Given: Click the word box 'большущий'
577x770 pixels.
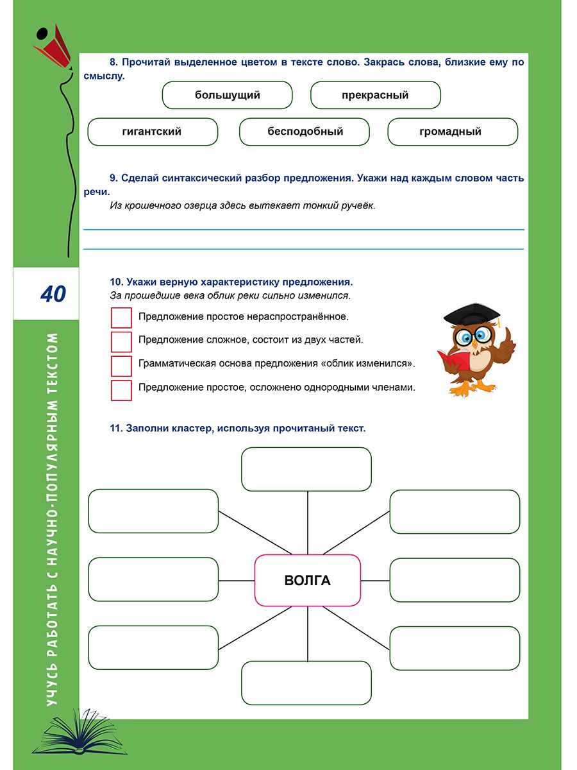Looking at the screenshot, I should click(228, 96).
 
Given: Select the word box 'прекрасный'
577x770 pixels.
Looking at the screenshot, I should click(376, 96).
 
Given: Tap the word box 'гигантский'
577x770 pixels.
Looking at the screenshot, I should click(152, 132).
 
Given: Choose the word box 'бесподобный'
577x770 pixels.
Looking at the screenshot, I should click(305, 132).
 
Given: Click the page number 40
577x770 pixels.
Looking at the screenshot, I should click(53, 294).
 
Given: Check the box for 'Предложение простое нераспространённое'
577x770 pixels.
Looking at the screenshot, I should click(121, 318).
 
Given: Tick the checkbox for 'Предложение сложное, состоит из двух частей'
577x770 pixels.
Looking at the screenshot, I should click(121, 341).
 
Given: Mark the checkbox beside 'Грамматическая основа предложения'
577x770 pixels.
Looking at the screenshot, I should click(121, 365).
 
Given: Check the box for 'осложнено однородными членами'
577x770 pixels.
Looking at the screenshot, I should click(121, 389).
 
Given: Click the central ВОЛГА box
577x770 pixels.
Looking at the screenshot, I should click(308, 581).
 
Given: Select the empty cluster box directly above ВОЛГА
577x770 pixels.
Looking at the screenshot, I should click(306, 469).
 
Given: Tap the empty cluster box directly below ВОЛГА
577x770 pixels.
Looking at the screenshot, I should click(306, 683).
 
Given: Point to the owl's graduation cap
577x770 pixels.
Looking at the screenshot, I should click(472, 313).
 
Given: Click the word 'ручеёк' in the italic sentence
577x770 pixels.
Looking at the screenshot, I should click(358, 206).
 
